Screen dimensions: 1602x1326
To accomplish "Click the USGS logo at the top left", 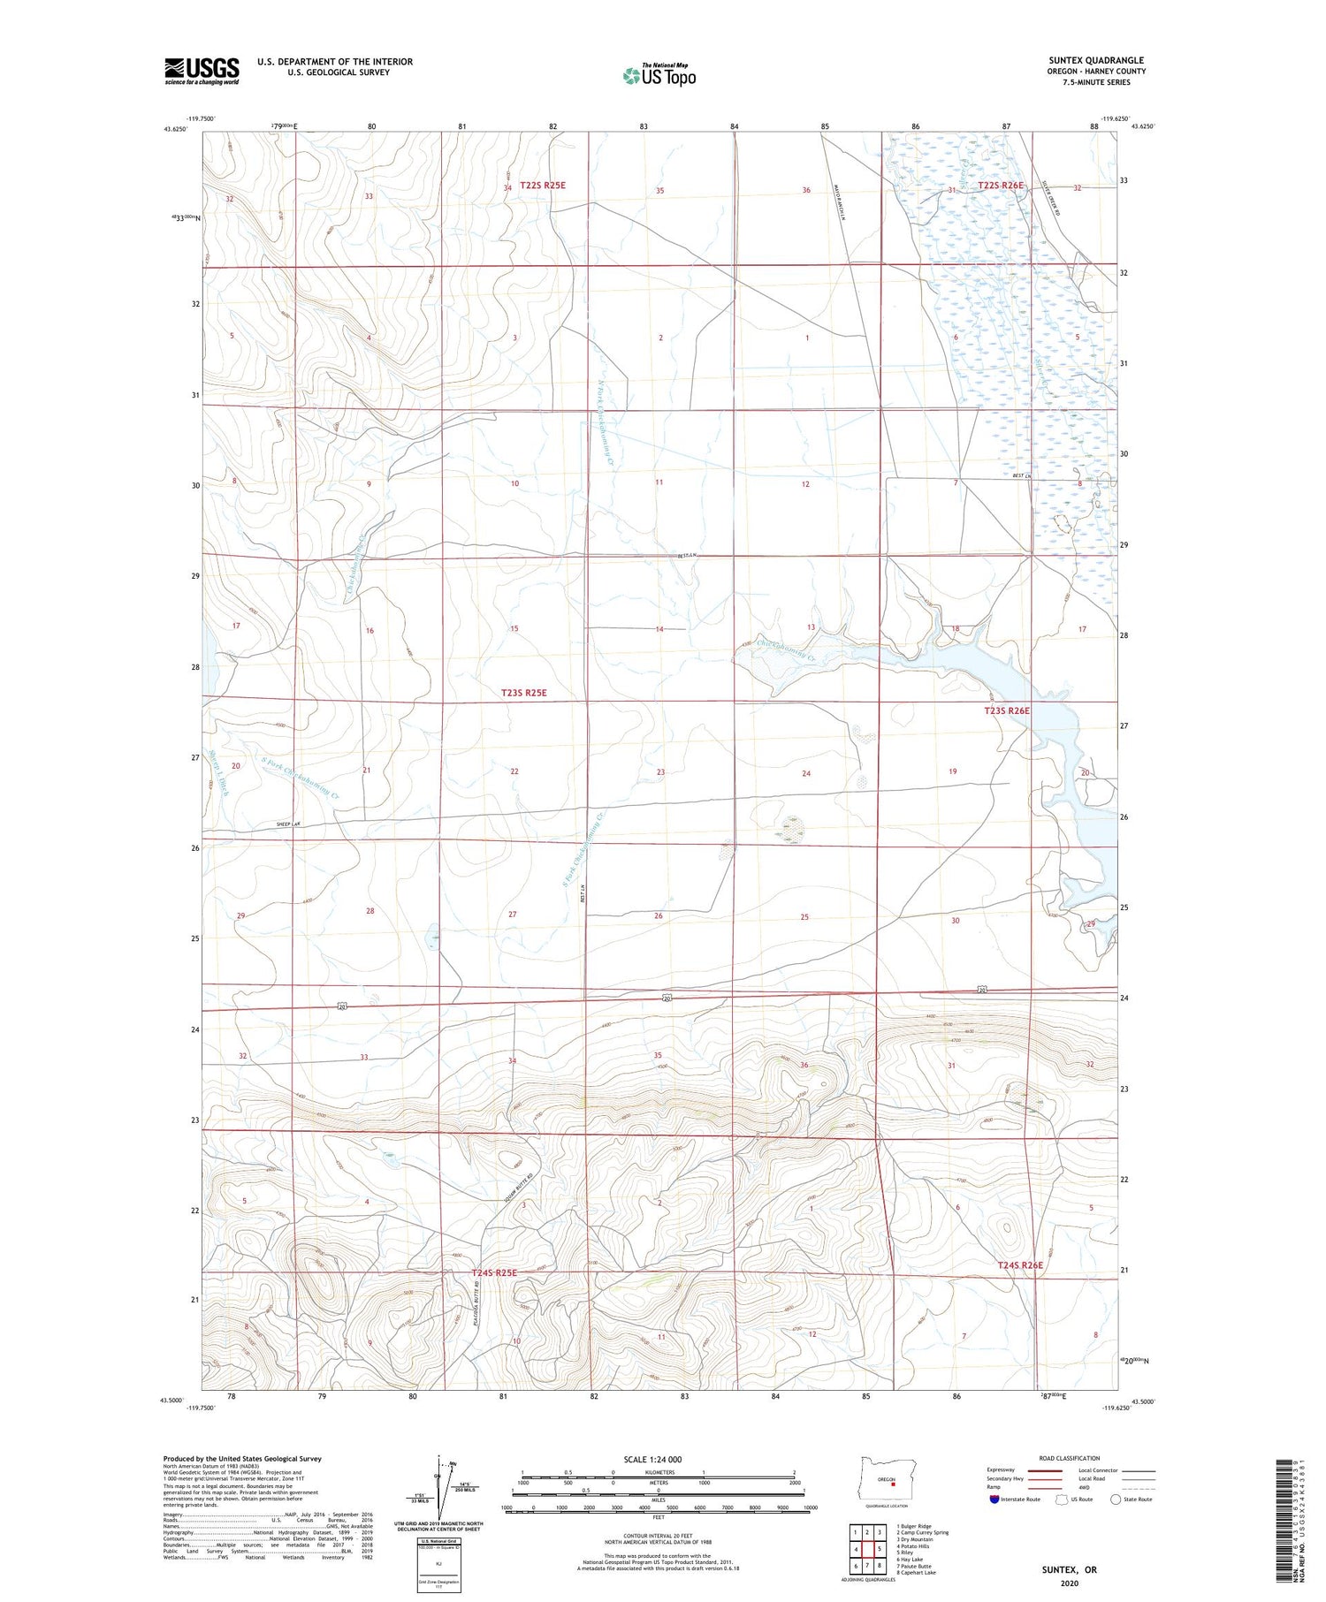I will (202, 71).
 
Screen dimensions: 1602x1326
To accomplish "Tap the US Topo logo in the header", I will (659, 75).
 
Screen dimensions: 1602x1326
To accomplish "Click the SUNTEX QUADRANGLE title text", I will (1095, 60).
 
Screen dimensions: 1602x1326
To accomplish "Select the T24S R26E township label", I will (1020, 1265).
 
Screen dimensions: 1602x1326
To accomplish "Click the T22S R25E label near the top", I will (542, 186).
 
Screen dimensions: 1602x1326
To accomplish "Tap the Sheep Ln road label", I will (289, 824).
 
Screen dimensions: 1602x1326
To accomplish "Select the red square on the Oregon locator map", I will (893, 1484).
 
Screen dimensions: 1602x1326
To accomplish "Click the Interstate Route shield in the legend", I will (994, 1500).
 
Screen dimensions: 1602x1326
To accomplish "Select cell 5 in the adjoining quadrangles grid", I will (880, 1549).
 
